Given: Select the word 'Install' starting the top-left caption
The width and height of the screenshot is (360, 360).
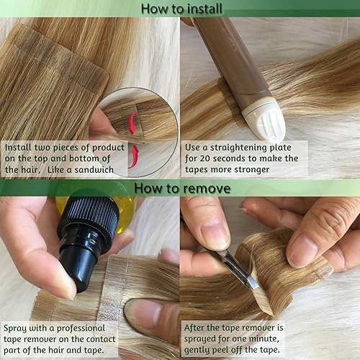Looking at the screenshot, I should coord(21,147).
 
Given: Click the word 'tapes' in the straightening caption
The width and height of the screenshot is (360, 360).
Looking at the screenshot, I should coord(203,171).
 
